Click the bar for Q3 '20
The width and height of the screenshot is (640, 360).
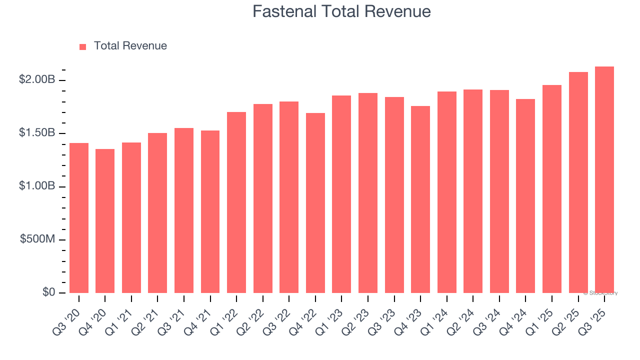[x=79, y=218]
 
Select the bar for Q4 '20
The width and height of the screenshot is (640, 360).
[x=105, y=221]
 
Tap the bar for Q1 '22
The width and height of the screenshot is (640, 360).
[x=236, y=202]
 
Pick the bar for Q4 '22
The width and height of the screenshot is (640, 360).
[x=315, y=203]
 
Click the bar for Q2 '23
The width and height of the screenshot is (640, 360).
[x=368, y=193]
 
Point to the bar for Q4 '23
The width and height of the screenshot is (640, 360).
[x=420, y=199]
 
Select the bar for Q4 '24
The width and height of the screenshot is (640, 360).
[x=525, y=196]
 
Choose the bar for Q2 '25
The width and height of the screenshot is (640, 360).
[x=578, y=182]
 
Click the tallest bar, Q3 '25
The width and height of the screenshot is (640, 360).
[x=604, y=180]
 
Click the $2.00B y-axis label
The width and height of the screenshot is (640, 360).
[x=37, y=79]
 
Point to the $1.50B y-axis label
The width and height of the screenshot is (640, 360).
[x=37, y=133]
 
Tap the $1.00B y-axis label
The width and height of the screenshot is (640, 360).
[x=37, y=186]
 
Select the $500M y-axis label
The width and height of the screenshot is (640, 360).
[x=37, y=239]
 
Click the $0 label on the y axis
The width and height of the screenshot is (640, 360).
[x=48, y=292]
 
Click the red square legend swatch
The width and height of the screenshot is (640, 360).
[x=83, y=46]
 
